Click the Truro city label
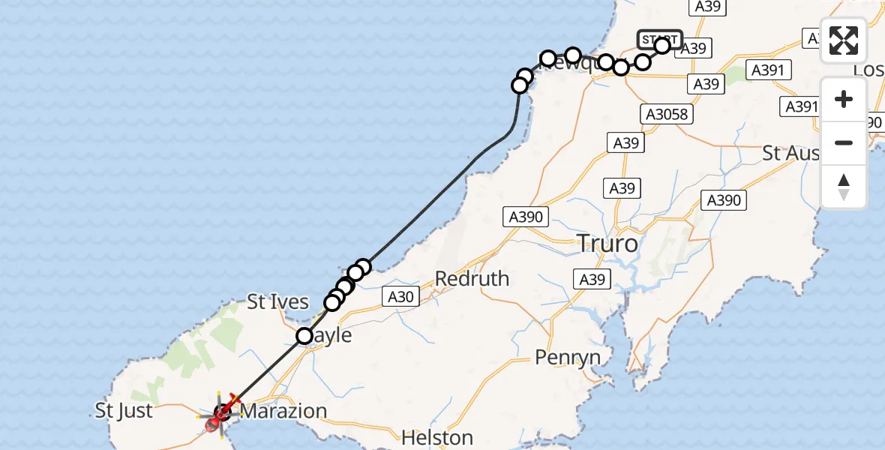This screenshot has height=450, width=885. pos(607,243)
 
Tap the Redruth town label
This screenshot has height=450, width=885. pos(472,278)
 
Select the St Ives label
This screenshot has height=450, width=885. pos(277,302)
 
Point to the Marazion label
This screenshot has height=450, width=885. pos(284,411)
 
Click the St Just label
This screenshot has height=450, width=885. pos(124,411)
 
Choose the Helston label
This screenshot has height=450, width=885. pos(437,436)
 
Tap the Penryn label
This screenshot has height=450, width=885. pos(568,358)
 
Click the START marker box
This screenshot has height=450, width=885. pos(659,39)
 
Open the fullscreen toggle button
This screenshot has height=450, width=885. pos(844,40)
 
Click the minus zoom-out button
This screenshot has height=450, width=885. pos(844,142)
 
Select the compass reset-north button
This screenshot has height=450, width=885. pos(844,187)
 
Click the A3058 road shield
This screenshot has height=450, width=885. pos(666,114)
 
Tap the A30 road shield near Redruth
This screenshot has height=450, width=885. pos(400,297)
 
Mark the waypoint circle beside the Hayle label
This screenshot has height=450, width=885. pos(304,336)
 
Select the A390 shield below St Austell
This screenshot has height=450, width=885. pos(723,199)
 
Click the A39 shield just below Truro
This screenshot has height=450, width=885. pos(592,280)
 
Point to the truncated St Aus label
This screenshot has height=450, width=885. pos(790,154)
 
